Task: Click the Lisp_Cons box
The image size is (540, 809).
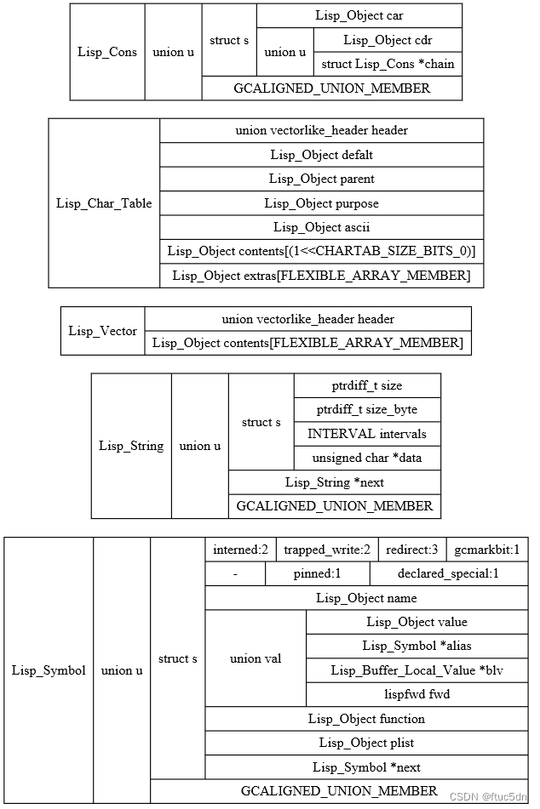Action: [107, 52]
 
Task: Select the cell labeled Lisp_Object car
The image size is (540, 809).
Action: [359, 15]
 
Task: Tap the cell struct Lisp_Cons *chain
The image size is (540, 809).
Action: [388, 64]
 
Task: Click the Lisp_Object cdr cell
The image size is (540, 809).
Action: [388, 40]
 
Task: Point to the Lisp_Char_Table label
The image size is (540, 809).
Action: [104, 203]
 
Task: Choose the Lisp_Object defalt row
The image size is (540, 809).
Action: [321, 155]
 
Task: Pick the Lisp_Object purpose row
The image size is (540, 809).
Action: [321, 203]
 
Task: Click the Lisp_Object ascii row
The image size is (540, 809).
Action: [321, 227]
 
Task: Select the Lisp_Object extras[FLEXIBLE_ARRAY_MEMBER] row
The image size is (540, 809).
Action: [321, 276]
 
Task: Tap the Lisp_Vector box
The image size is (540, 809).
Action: [102, 331]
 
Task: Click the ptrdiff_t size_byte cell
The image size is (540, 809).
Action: [367, 409]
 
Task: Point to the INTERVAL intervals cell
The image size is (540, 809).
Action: [367, 434]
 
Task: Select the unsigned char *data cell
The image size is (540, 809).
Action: [367, 458]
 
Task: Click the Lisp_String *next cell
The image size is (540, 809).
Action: [334, 482]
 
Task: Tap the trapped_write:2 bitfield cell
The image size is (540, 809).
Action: [326, 550]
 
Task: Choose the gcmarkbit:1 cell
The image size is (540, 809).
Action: [486, 550]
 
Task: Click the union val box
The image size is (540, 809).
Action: [256, 658]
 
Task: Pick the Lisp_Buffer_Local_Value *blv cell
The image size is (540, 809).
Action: [416, 670]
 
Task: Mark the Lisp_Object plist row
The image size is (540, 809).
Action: [366, 743]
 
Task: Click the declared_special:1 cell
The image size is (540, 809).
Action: [448, 573]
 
